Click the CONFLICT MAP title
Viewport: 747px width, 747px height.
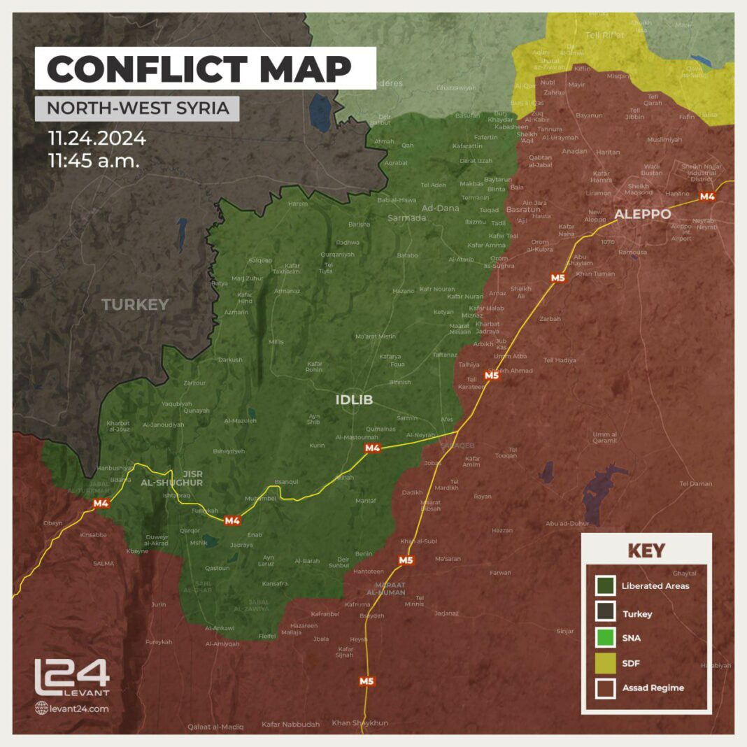click(199, 68)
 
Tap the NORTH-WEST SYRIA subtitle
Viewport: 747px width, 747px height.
click(137, 108)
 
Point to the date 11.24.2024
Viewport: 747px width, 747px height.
click(97, 138)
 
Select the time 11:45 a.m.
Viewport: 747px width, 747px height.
click(94, 161)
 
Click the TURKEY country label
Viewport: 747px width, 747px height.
click(135, 304)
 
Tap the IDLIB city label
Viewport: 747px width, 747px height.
click(354, 400)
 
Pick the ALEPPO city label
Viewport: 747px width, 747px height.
click(642, 214)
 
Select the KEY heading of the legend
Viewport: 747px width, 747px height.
click(646, 550)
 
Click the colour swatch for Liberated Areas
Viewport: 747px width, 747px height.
click(606, 585)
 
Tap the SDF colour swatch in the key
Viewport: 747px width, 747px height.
click(606, 662)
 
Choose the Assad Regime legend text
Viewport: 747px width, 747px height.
click(653, 688)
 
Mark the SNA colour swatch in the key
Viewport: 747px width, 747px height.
click(606, 637)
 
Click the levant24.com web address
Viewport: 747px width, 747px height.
click(72, 709)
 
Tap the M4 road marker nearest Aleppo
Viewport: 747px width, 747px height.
click(707, 197)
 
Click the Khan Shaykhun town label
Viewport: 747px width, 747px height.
click(360, 723)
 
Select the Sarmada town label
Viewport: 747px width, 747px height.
click(406, 218)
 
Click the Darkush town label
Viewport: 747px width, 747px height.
click(230, 360)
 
